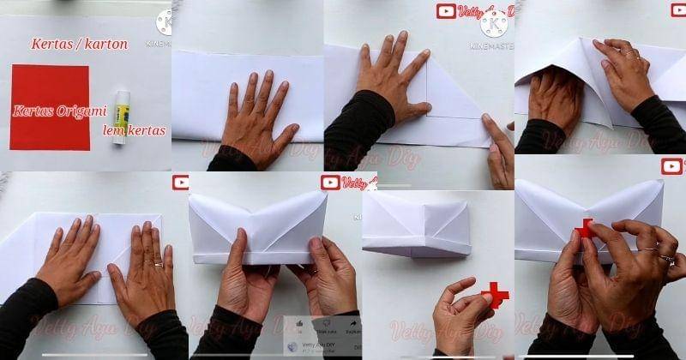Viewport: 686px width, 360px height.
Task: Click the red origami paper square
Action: [51, 107]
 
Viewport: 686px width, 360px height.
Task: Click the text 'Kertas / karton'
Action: [79, 44]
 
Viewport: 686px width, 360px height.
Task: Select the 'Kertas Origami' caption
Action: [59, 111]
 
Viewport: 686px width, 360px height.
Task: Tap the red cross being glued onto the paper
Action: [585, 229]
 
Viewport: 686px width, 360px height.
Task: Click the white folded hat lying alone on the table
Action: [417, 225]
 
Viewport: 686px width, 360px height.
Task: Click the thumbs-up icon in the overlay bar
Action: [299, 324]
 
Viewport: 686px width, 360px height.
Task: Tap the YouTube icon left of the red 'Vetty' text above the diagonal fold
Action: [446, 11]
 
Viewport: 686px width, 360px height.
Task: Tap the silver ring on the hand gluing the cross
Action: [665, 257]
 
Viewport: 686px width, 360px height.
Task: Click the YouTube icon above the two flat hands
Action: [180, 182]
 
